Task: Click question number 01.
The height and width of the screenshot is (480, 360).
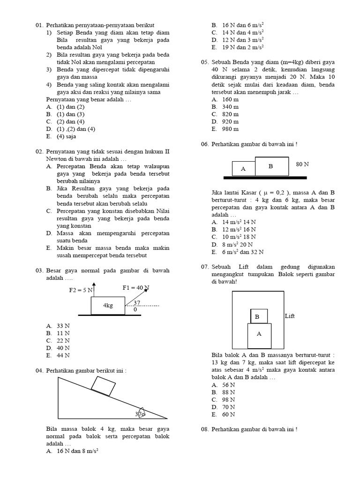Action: [39, 25]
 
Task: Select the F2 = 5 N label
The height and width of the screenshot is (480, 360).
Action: [81, 290]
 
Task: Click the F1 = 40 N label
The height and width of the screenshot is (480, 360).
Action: [136, 287]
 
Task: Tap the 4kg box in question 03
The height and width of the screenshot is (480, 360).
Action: [108, 305]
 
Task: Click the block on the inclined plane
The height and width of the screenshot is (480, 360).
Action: [104, 386]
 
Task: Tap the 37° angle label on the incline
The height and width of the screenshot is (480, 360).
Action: [140, 414]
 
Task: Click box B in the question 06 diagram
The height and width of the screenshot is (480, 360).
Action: [271, 166]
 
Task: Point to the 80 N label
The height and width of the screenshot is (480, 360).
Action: [302, 165]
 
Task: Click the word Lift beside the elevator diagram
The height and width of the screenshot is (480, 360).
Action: [290, 316]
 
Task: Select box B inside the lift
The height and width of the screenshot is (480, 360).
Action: [259, 316]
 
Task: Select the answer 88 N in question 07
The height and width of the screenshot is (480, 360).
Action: [229, 392]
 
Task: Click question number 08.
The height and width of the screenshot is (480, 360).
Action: [204, 429]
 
